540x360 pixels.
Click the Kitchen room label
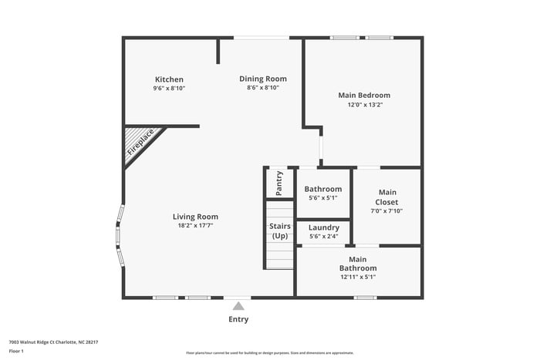coord(169,79)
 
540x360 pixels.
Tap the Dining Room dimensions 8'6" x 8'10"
coord(262,88)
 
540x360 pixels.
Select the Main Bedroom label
coord(364,95)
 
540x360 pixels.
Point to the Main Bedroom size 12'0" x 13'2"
coord(364,104)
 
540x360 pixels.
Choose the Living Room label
coord(195,217)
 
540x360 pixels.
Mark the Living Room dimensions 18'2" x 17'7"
coord(195,226)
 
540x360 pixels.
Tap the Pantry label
coord(279,183)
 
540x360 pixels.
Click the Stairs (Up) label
coord(279,230)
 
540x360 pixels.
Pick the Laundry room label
coord(323,227)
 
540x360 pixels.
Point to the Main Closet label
coord(386,197)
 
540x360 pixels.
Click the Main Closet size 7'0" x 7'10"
coord(386,210)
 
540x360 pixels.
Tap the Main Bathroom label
coord(357,264)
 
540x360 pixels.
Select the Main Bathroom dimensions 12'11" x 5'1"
coord(357,277)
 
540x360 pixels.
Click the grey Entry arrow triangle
coord(238,306)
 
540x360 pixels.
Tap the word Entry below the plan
coord(238,319)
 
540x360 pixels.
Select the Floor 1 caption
coord(16,351)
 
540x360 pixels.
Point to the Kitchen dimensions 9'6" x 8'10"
coord(169,88)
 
